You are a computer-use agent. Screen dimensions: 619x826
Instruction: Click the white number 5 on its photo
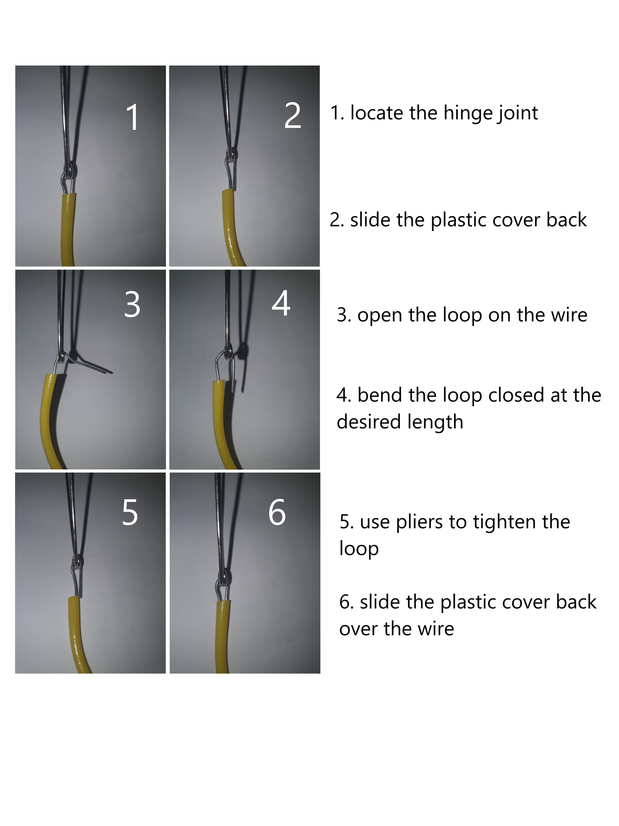130,513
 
